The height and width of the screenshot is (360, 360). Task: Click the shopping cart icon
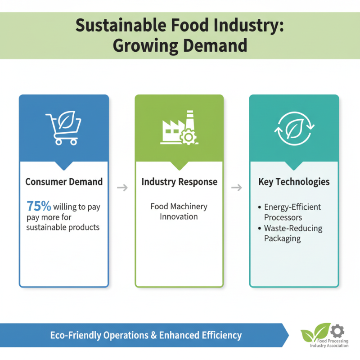click(x=63, y=128)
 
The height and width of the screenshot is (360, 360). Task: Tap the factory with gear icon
click(x=179, y=128)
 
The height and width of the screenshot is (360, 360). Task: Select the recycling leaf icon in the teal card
click(x=294, y=128)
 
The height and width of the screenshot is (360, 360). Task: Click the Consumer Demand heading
click(x=64, y=182)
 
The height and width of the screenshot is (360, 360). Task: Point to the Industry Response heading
click(x=179, y=182)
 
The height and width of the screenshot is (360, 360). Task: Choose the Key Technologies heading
click(x=294, y=182)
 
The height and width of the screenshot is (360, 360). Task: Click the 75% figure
click(x=39, y=207)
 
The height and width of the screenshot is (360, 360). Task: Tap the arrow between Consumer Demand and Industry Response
click(x=122, y=187)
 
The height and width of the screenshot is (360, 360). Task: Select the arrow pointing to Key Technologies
click(x=236, y=187)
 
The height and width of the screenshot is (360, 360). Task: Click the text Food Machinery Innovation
click(x=179, y=211)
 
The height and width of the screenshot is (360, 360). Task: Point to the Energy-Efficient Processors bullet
click(x=292, y=212)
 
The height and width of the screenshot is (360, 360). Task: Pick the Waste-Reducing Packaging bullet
click(x=293, y=234)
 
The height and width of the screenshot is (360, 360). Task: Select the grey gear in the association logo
click(x=337, y=331)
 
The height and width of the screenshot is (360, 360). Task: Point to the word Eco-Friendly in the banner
click(x=76, y=335)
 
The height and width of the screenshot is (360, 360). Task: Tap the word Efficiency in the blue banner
click(x=221, y=335)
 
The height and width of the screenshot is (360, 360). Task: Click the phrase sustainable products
click(x=63, y=227)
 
